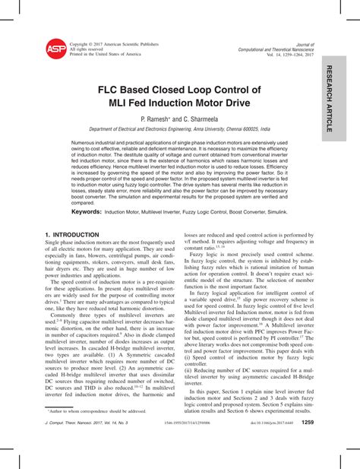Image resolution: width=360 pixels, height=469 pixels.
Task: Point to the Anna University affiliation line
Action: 179,130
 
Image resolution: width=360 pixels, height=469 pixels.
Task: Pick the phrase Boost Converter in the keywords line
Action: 242,212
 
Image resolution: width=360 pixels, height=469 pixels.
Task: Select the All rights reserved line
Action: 87,49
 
